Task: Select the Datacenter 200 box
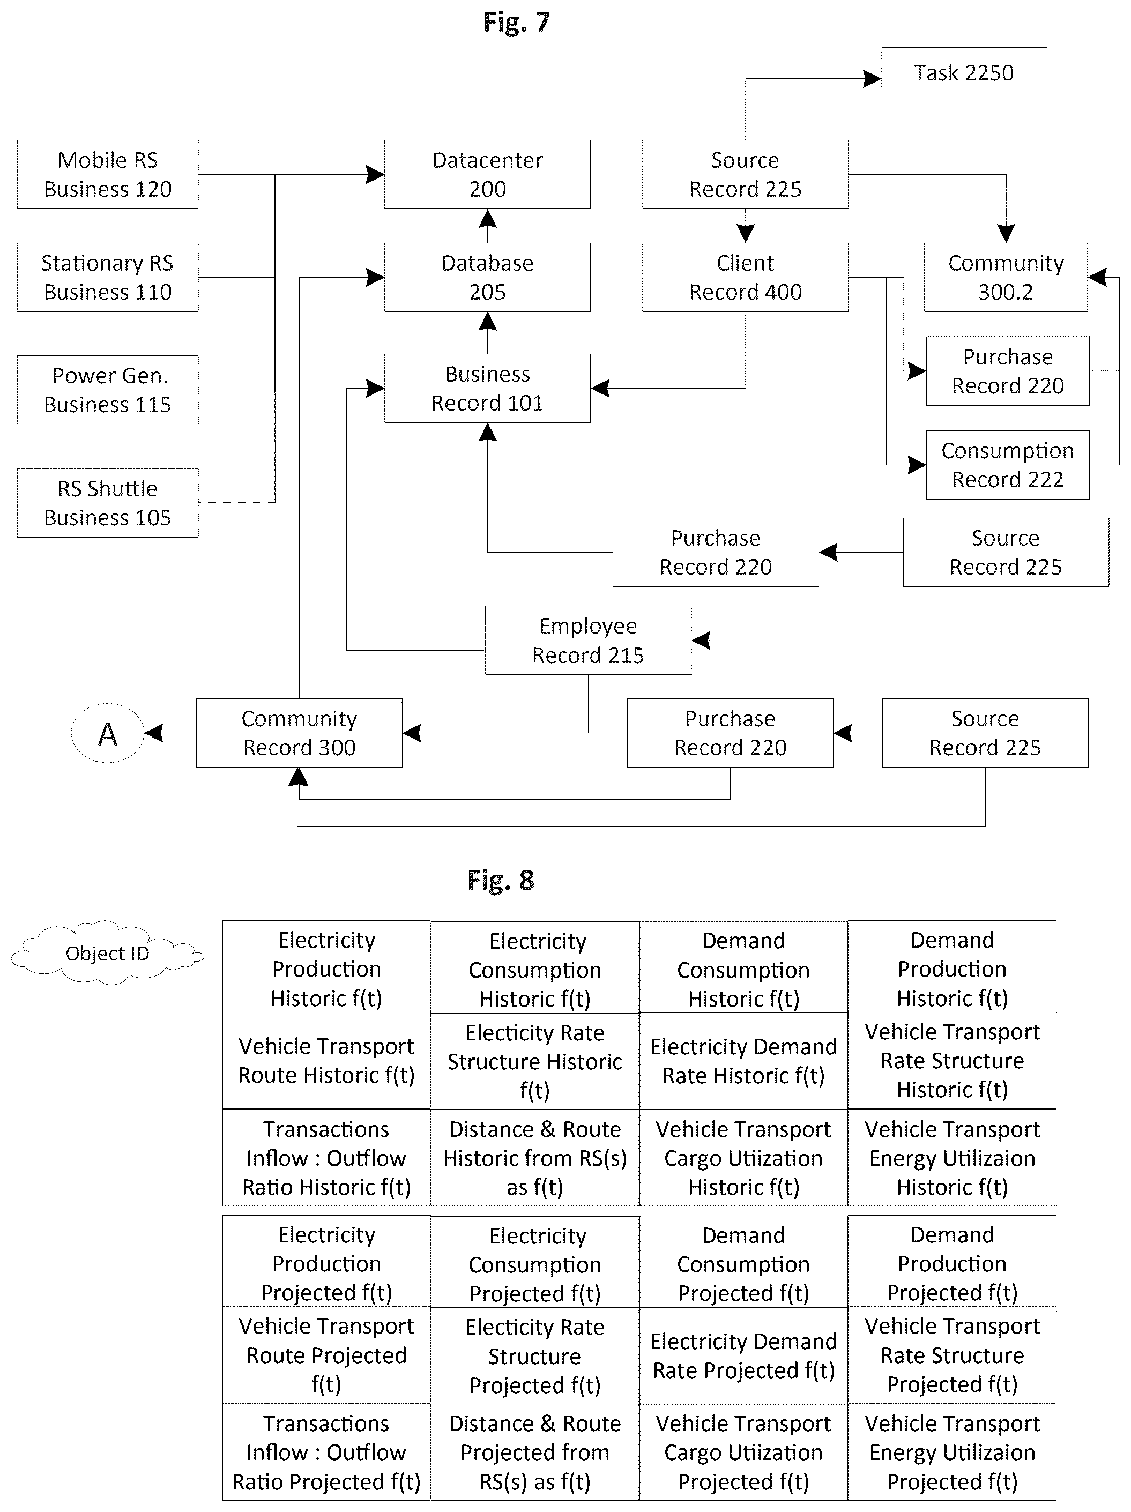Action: tap(488, 174)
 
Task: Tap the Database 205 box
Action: tap(488, 278)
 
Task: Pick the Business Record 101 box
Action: tap(488, 388)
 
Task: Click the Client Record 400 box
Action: tap(746, 278)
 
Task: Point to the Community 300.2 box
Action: tap(1006, 278)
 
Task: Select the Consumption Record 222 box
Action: tap(1008, 465)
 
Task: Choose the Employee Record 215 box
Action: tap(588, 640)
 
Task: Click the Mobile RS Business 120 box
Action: tap(107, 174)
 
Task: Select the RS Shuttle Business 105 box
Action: tap(107, 502)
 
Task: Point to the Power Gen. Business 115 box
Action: tap(107, 390)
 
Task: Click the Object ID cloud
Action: tap(107, 953)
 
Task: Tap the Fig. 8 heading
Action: tap(501, 881)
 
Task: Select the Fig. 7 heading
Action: tap(516, 23)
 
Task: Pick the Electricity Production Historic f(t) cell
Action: tap(327, 967)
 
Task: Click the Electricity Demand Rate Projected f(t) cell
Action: tap(744, 1355)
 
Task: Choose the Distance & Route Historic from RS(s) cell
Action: tap(535, 1158)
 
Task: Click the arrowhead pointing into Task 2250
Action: tap(873, 79)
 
